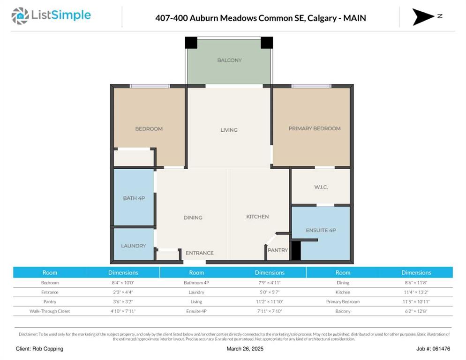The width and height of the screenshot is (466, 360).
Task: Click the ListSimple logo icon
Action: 20,16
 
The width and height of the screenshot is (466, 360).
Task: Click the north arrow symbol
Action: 423,17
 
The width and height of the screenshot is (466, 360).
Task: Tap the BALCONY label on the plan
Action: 229,60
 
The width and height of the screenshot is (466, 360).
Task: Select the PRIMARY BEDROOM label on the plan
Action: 315,128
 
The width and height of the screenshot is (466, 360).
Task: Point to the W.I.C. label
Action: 321,187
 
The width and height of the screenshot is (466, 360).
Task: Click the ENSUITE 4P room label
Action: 321,230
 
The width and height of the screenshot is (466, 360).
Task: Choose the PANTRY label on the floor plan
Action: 278,250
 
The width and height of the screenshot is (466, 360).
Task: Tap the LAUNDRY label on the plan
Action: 134,246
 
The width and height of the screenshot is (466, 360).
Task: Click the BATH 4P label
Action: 134,198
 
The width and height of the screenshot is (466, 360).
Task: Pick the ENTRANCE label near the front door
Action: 199,253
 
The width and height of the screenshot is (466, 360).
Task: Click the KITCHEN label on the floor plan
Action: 257,217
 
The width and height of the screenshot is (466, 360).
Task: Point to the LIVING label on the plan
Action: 229,130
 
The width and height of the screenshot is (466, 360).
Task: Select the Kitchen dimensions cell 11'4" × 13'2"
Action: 416,292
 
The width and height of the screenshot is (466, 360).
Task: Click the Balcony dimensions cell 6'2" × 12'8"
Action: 416,311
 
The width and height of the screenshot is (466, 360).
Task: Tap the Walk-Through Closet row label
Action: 50,311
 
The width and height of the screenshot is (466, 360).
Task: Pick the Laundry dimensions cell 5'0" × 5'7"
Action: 270,292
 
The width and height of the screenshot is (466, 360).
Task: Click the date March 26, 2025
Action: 245,349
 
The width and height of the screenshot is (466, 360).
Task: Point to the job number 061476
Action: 441,349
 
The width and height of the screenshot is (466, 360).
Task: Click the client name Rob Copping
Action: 47,349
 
